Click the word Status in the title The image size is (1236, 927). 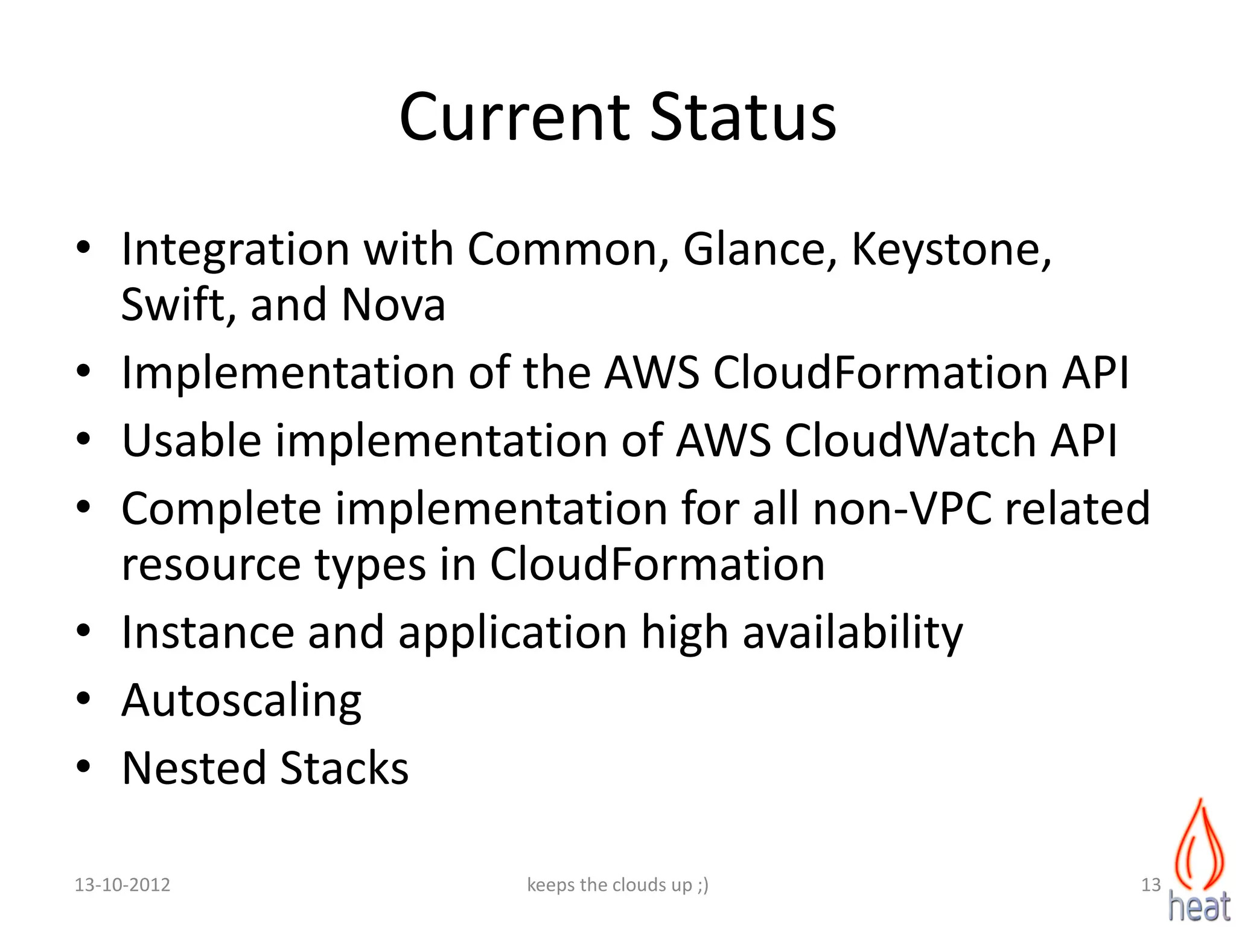click(744, 117)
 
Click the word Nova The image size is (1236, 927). click(393, 304)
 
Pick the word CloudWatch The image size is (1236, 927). click(909, 440)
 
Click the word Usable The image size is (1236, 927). click(191, 440)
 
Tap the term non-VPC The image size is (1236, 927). click(902, 508)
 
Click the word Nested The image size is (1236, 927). click(194, 768)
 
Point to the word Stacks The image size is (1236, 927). click(344, 768)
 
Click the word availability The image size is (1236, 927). click(852, 633)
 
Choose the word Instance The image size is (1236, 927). click(208, 632)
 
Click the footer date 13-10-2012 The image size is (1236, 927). click(122, 885)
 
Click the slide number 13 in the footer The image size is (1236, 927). click(1151, 885)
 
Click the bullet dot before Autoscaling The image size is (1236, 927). click(83, 699)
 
